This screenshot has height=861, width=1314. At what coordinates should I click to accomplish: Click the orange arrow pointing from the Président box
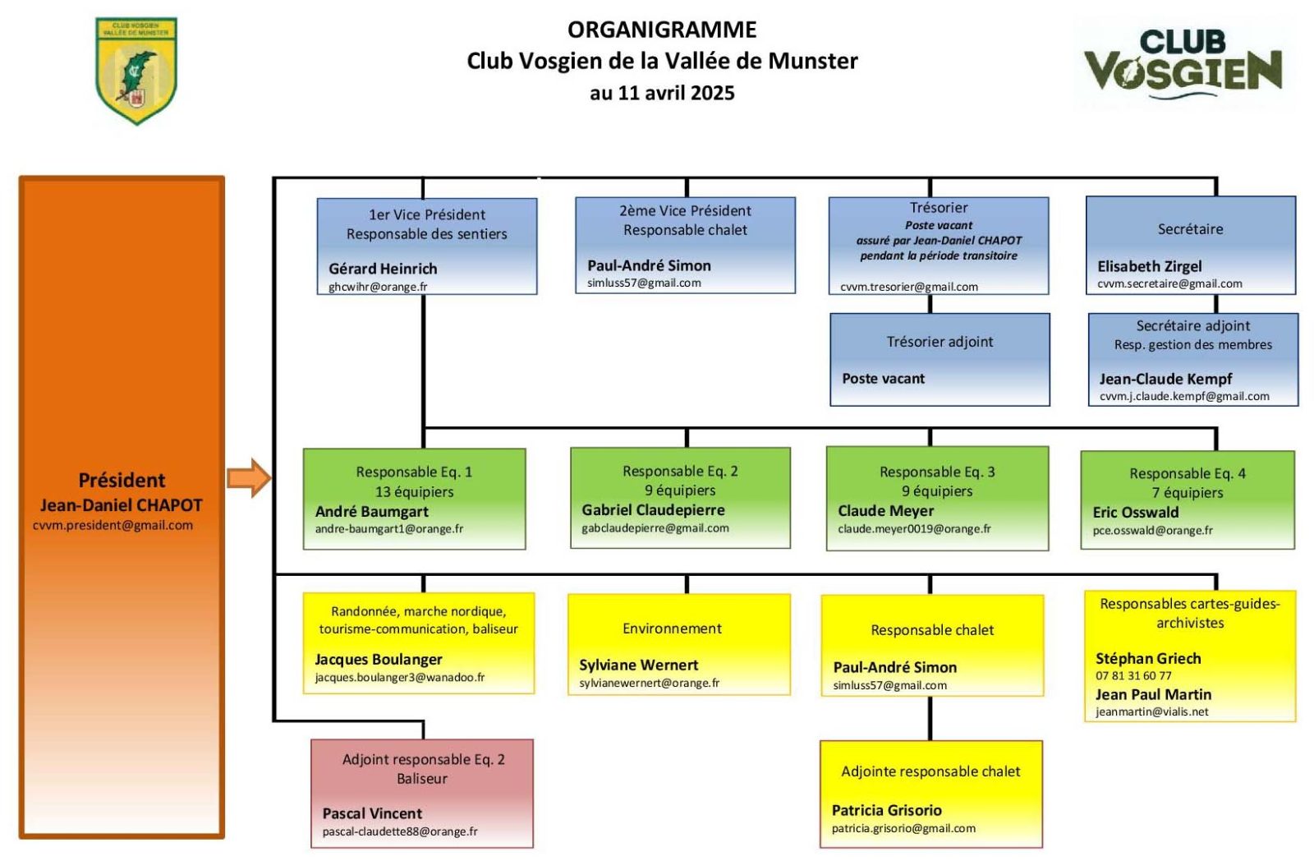[249, 478]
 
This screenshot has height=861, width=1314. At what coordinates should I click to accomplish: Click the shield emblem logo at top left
[136, 71]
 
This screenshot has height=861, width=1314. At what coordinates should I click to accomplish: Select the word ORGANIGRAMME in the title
[662, 30]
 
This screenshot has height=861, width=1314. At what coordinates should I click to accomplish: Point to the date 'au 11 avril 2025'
[662, 93]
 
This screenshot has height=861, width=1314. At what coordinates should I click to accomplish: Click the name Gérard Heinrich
[383, 269]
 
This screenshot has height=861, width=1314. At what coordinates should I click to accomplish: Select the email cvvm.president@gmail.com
[113, 525]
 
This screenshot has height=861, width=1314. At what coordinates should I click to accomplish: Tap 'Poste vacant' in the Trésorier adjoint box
[883, 379]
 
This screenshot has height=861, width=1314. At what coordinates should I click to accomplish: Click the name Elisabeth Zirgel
[1149, 266]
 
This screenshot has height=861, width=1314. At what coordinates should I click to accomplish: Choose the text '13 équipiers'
[414, 491]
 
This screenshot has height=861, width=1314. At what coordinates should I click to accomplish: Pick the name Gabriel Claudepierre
[653, 510]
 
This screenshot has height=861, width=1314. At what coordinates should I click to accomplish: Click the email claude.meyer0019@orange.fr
[914, 529]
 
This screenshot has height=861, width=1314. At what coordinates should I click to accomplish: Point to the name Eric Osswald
[1135, 512]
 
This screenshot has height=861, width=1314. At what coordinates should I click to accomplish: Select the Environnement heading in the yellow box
[672, 628]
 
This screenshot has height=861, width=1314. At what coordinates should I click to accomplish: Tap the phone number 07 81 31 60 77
[1133, 675]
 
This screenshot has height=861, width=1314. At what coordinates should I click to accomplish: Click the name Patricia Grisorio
[886, 810]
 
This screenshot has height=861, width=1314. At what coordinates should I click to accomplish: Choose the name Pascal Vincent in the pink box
[372, 813]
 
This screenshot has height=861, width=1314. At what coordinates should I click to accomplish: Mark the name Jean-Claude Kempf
[1165, 379]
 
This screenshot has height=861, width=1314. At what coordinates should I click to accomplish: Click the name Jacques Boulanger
[379, 659]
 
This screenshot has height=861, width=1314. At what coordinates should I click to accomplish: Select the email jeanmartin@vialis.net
[1151, 711]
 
